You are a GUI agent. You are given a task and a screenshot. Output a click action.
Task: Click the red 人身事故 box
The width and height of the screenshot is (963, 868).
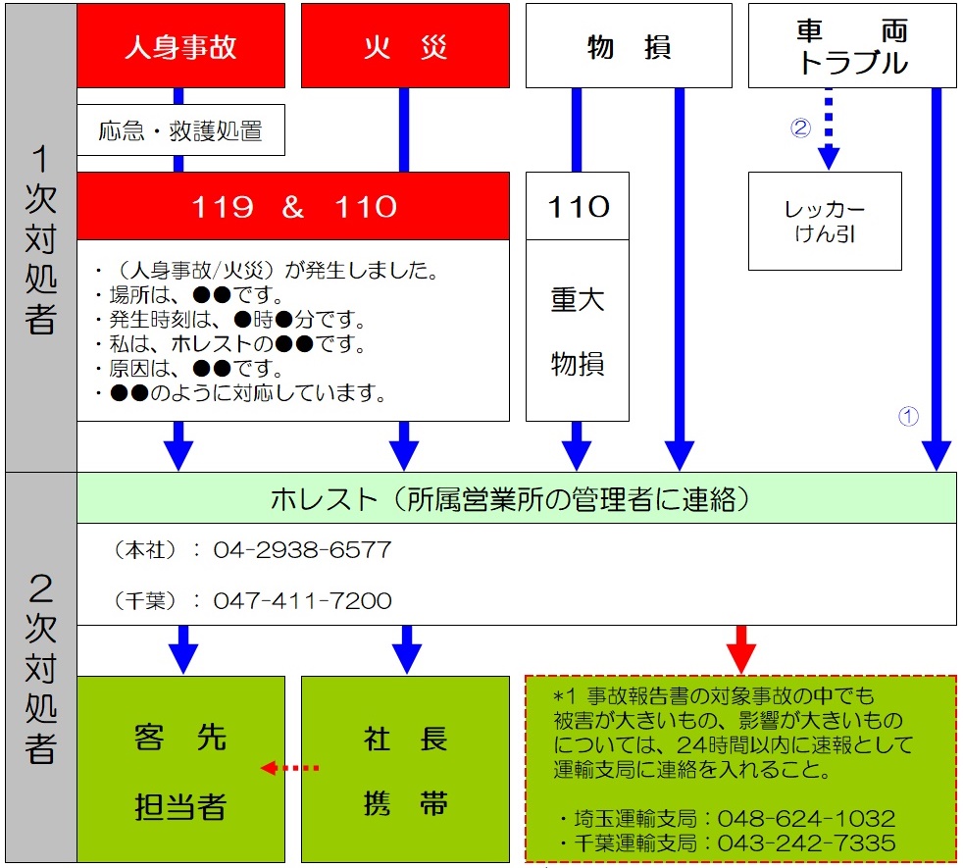[180, 46]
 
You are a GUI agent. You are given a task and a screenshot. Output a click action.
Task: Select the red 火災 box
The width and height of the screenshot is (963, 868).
[405, 46]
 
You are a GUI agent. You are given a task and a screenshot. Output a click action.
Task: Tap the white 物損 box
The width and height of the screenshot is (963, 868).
[629, 46]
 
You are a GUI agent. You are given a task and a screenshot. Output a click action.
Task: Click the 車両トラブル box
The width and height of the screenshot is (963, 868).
[852, 46]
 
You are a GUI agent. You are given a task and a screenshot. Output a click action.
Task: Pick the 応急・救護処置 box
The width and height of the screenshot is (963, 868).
[180, 130]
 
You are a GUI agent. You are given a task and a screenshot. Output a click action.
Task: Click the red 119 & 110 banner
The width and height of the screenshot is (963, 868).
[293, 206]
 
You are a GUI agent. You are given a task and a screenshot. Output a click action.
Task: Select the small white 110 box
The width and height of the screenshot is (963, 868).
[578, 206]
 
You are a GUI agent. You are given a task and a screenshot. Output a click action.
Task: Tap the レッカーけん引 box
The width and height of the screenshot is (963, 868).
[825, 222]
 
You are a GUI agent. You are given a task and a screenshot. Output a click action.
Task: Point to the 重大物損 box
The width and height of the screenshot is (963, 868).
[578, 331]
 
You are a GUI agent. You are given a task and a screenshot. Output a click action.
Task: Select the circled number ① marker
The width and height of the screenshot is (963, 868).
[908, 416]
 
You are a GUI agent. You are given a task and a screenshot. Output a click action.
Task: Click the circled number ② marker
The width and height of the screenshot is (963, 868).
[801, 128]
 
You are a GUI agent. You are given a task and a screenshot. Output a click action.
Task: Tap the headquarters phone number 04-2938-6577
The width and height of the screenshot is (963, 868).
[302, 550]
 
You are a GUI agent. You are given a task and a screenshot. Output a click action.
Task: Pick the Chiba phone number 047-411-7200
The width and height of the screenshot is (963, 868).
[302, 600]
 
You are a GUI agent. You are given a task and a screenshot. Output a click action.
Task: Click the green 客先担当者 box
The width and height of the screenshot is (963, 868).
[180, 767]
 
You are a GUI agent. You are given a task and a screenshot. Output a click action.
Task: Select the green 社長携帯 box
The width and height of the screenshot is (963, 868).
[405, 767]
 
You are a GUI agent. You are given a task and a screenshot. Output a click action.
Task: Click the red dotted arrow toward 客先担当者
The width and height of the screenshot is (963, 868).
[291, 767]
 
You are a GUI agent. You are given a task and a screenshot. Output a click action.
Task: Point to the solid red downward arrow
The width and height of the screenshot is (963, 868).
[741, 647]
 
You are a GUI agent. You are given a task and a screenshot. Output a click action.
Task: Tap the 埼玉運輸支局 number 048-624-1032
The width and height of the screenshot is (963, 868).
[806, 818]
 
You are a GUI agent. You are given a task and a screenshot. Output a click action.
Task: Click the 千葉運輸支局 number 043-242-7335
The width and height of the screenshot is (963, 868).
[806, 842]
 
